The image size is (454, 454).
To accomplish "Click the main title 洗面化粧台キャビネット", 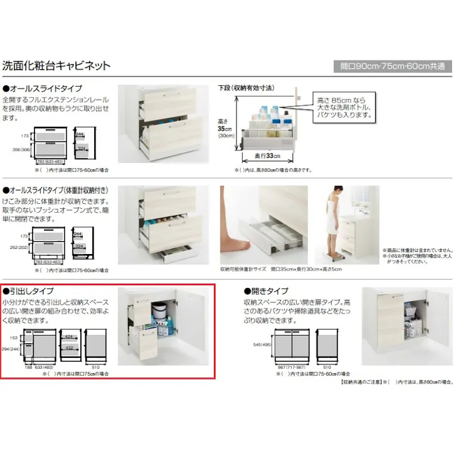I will pos(57,66).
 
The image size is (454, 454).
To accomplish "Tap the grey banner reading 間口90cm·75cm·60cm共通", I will pos(392,66).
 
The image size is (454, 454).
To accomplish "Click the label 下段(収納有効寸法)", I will pos(246,88).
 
